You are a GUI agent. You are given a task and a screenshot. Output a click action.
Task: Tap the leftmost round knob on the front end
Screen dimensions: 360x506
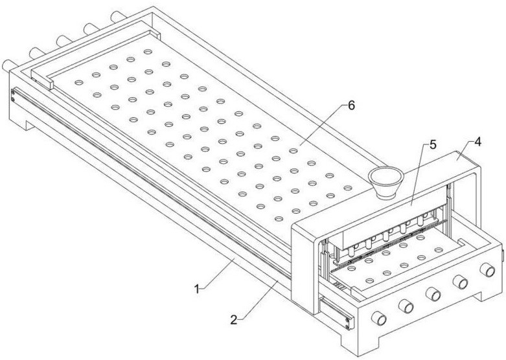[x=378, y=319]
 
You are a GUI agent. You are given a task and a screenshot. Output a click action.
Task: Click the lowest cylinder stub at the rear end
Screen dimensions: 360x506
[x=8, y=65]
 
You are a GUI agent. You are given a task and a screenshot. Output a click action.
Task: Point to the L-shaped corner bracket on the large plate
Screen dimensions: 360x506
[x=45, y=80]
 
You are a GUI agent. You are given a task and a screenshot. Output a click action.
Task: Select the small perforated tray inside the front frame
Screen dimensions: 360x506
[x=389, y=262]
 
